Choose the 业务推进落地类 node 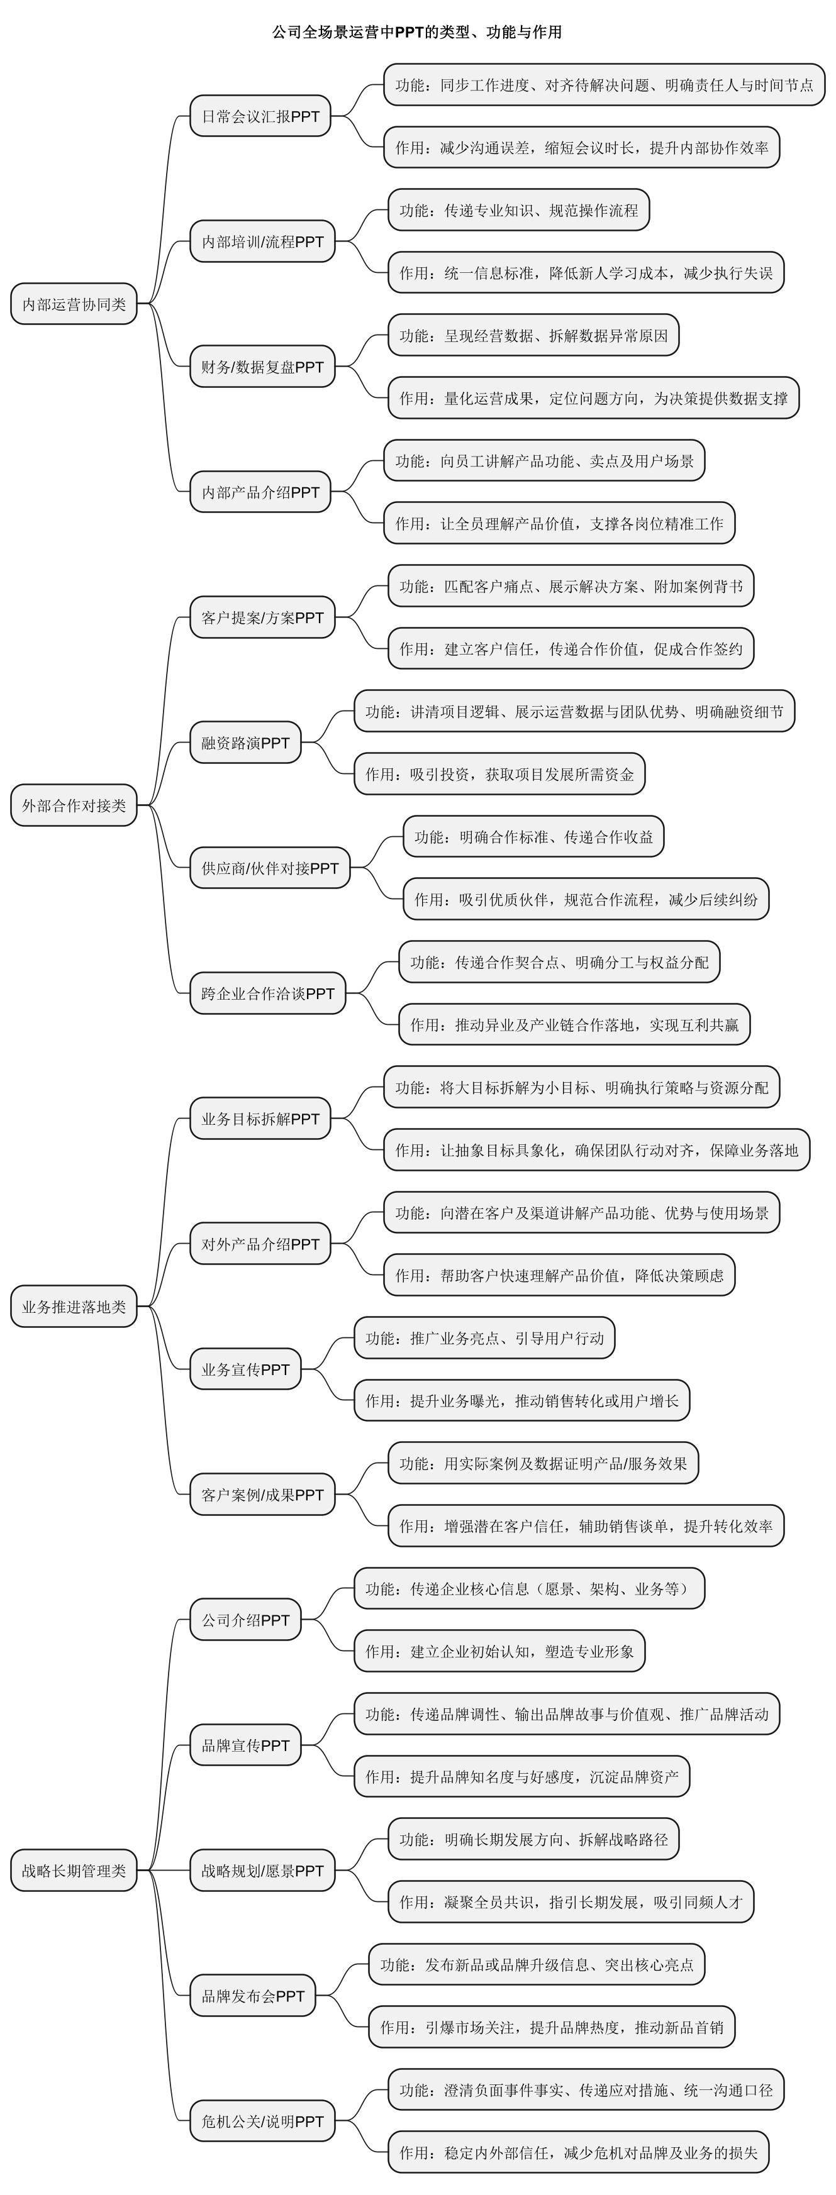coord(74,1307)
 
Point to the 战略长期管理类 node coord(74,1871)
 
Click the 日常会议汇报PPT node coord(260,116)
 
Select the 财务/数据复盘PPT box coord(262,367)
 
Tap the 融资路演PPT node coord(245,742)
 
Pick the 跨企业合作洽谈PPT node coord(267,993)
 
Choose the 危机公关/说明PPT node coord(262,2121)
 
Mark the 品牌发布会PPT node coord(252,1996)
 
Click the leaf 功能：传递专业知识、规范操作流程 coord(518,209)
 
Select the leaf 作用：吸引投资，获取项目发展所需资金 coord(499,774)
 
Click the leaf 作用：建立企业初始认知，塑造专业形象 coord(499,1651)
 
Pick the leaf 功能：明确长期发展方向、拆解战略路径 coord(533,1839)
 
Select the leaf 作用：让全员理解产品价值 coord(559,523)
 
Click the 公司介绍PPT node coord(245,1620)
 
